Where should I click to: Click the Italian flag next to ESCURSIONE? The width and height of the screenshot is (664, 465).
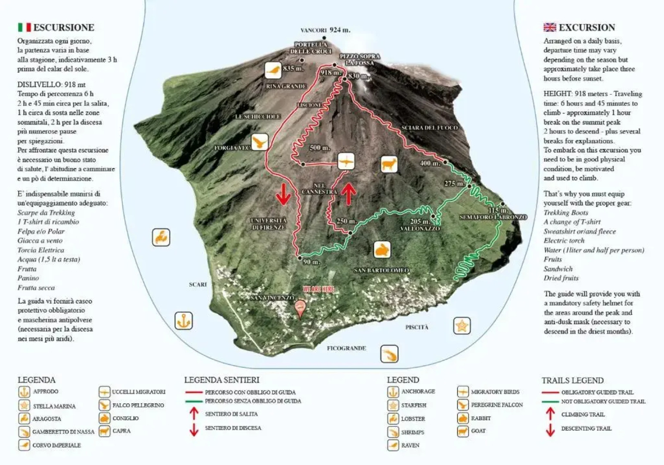(x=24, y=27)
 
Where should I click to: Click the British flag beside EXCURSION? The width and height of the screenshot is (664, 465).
(x=549, y=27)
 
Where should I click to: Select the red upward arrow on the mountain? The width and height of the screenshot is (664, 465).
(x=349, y=194)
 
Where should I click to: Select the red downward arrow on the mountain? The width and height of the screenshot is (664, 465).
(x=283, y=194)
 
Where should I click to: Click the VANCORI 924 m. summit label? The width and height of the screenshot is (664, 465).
(x=325, y=30)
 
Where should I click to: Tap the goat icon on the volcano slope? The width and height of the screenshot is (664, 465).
(x=388, y=164)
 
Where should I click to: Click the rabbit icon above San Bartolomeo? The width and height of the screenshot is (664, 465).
(x=382, y=250)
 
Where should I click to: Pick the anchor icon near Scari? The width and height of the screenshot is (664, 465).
(x=183, y=321)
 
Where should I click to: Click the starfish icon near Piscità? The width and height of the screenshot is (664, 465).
(x=462, y=325)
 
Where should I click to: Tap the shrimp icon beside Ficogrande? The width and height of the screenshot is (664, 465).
(x=389, y=354)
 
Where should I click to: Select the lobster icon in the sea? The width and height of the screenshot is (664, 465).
(x=161, y=237)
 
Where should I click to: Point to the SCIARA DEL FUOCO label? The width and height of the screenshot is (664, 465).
(x=429, y=128)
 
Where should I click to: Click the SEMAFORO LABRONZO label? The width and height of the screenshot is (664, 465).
(x=493, y=217)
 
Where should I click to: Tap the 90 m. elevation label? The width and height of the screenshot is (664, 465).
(x=311, y=262)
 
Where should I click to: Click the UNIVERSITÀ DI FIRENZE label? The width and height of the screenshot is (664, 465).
(x=269, y=223)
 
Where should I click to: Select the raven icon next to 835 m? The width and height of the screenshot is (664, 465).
(x=273, y=70)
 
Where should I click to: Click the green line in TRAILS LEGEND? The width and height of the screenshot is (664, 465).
(x=550, y=402)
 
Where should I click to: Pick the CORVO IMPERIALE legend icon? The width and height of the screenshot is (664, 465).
(x=24, y=445)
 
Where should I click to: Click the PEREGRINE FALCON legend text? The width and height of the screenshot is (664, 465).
(x=496, y=405)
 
